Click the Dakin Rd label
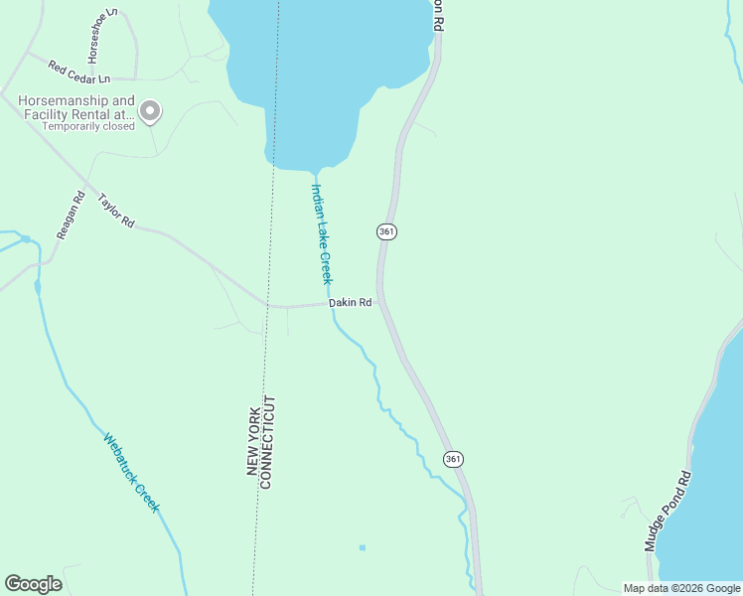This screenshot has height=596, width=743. pos(351,303)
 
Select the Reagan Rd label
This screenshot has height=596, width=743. pos(68,216)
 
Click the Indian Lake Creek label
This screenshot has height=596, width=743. pos(322,233)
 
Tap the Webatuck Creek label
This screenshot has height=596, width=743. pos(131,472)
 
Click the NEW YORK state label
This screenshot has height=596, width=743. pos(253,440)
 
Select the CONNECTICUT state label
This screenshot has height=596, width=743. pos(266,442)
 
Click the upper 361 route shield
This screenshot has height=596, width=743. pos(386,231)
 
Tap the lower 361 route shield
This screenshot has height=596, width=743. pos(453,459)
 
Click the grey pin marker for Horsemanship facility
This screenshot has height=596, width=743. pos(150,111)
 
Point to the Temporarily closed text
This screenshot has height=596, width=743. pos(87,126)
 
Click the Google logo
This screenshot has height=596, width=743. pos(33,584)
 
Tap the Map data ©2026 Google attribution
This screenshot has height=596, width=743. pos(681,588)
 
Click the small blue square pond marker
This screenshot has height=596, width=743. pos(363,547)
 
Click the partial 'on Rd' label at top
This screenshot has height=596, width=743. pos(437,15)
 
